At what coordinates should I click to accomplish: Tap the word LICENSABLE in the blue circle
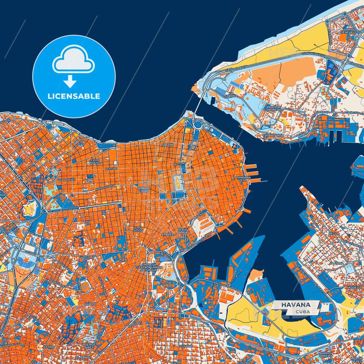pyautogui.click(x=74, y=96)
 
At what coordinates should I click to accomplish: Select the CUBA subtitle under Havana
pyautogui.click(x=303, y=312)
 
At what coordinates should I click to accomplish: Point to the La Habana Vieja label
pyautogui.click(x=242, y=179)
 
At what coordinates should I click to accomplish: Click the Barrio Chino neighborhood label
pyautogui.click(x=144, y=189)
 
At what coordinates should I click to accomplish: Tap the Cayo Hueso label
pyautogui.click(x=95, y=161)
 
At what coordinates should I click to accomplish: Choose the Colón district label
pyautogui.click(x=167, y=145)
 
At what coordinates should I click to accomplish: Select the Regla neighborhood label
pyautogui.click(x=334, y=234)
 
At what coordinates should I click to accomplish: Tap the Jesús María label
pyautogui.click(x=183, y=230)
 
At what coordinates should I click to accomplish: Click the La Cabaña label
pyautogui.click(x=231, y=94)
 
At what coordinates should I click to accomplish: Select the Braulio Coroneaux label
pyautogui.click(x=273, y=108)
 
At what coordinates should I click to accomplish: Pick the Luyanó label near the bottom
pyautogui.click(x=186, y=346)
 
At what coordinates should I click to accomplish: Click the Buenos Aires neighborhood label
pyautogui.click(x=89, y=346)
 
